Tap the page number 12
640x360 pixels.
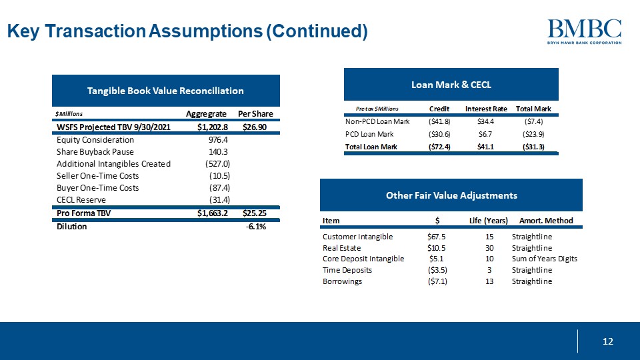point(607,342)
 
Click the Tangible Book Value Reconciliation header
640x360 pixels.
point(165,91)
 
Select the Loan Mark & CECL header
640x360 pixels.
point(451,84)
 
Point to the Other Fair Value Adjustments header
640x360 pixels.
point(451,195)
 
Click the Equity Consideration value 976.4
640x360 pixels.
point(218,140)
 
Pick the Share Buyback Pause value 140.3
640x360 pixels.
point(218,152)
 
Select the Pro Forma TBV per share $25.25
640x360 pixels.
point(254,213)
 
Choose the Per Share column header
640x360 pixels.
point(255,114)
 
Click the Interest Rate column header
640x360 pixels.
point(486,109)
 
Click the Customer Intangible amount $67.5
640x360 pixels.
point(436,237)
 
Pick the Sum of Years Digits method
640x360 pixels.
point(544,259)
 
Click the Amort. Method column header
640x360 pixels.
point(545,221)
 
